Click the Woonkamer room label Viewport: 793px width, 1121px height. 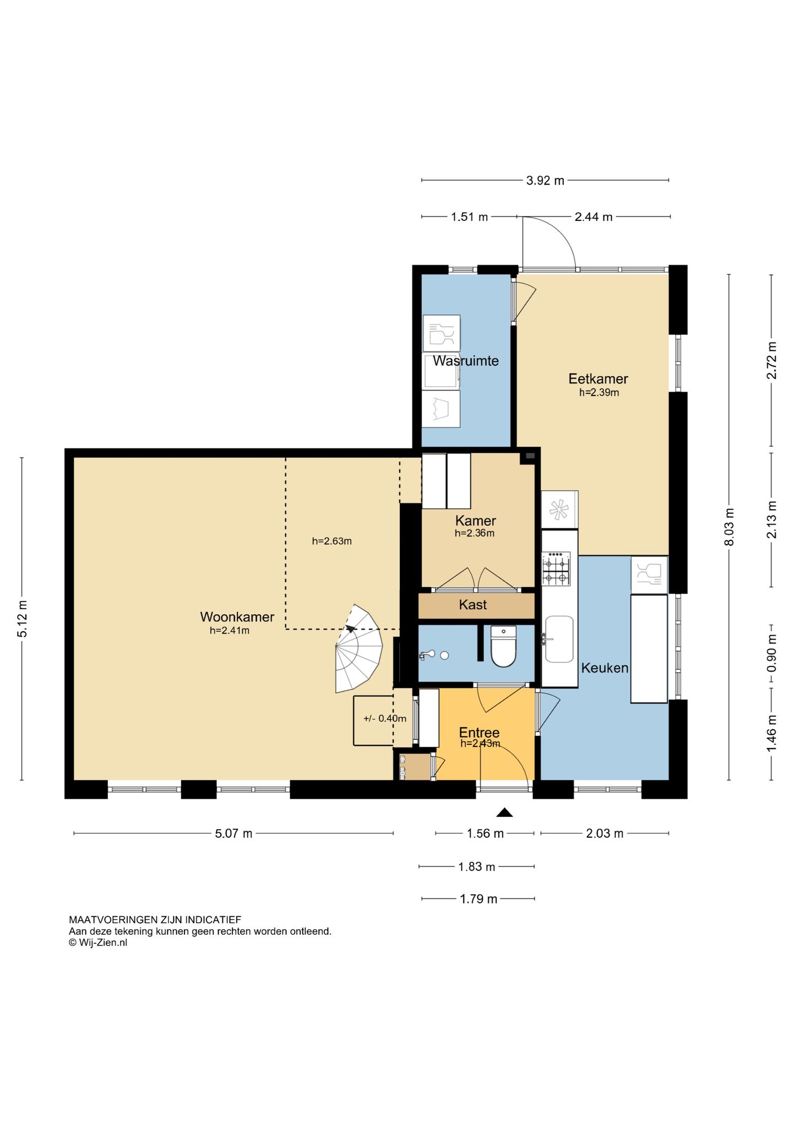(237, 616)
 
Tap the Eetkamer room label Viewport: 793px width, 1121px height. (598, 378)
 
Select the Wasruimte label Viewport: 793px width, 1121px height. (466, 361)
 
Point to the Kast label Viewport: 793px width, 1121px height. (473, 605)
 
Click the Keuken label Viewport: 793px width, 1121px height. (605, 668)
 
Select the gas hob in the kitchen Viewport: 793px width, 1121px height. (556, 568)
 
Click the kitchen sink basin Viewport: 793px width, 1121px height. (559, 639)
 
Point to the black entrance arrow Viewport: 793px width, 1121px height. (504, 812)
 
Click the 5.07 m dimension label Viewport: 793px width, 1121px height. (233, 833)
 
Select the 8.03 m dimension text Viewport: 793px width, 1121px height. (729, 527)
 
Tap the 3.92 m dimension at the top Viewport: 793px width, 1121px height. (545, 180)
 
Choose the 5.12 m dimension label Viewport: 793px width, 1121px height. (23, 619)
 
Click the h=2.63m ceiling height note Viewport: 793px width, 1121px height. (332, 541)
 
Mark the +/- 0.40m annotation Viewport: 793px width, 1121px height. (385, 718)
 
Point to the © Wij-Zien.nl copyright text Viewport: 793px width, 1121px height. (98, 943)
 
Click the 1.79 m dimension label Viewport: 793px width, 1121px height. (479, 899)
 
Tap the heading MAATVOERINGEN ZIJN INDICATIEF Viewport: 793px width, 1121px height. (155, 920)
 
